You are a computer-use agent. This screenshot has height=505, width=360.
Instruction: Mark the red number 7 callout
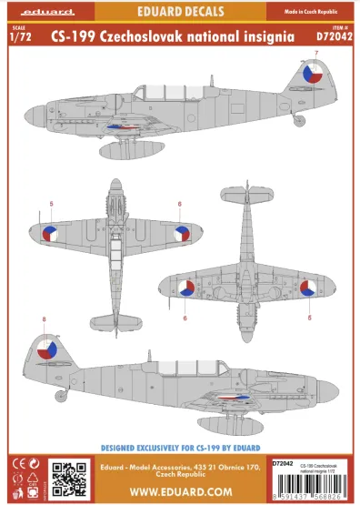click(315, 56)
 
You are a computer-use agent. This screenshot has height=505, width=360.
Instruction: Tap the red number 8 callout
click(44, 318)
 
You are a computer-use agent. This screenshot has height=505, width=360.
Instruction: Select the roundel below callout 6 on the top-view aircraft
click(182, 234)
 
